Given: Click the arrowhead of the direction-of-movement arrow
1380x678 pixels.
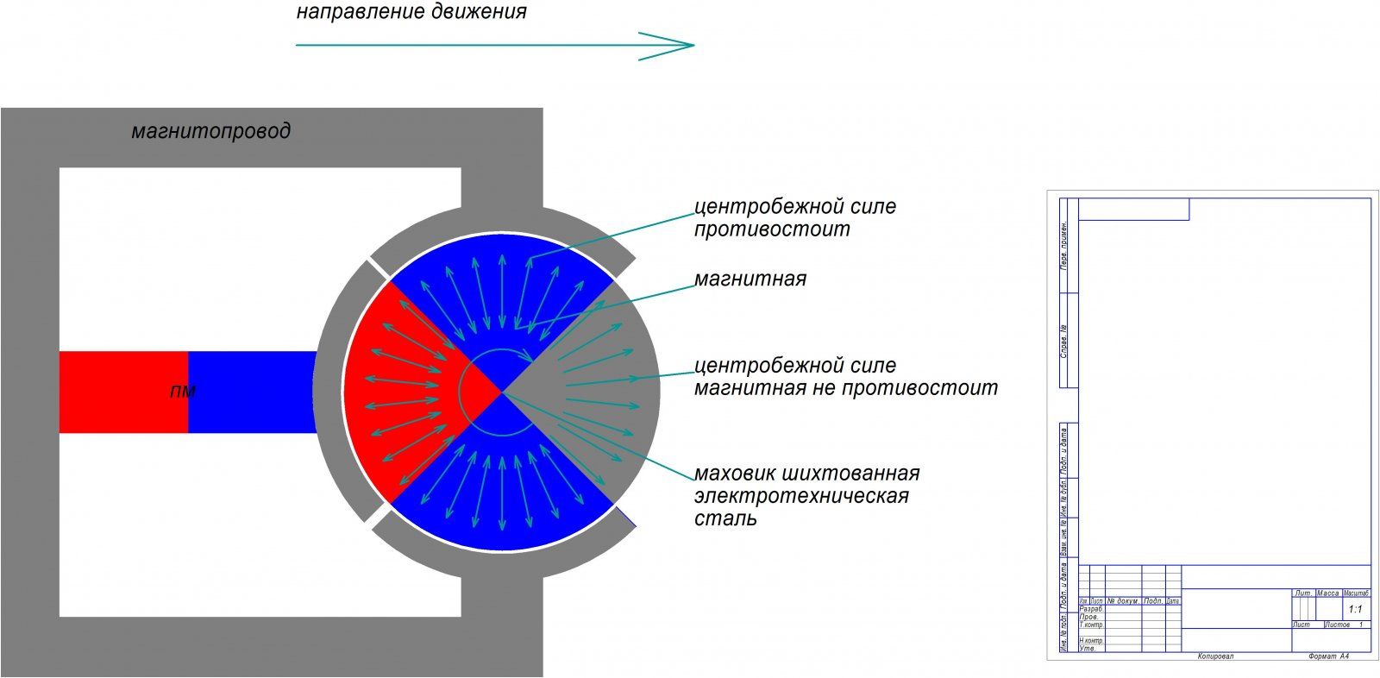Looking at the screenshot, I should [x=681, y=45].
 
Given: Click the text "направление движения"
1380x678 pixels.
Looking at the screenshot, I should [x=411, y=13].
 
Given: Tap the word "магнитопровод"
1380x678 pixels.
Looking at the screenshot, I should [x=210, y=131].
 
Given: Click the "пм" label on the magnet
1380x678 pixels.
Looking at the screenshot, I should [x=183, y=392].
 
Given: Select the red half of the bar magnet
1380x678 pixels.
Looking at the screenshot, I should [x=123, y=392].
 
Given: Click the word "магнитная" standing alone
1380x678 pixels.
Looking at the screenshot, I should [x=750, y=279].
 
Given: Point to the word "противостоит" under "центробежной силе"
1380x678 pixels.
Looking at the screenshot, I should [x=772, y=229].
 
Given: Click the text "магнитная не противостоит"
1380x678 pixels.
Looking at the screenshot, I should [x=845, y=388].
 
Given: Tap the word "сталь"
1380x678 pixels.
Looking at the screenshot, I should [x=725, y=518].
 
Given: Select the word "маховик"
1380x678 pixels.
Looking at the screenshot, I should [x=736, y=474].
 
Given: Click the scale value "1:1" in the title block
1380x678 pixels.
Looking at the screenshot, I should [x=1355, y=609].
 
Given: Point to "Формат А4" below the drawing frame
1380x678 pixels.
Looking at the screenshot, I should [x=1327, y=656].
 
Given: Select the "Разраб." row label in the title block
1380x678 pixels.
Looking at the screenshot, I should [x=1091, y=609].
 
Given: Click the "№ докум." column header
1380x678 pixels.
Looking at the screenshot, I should [x=1123, y=600].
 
